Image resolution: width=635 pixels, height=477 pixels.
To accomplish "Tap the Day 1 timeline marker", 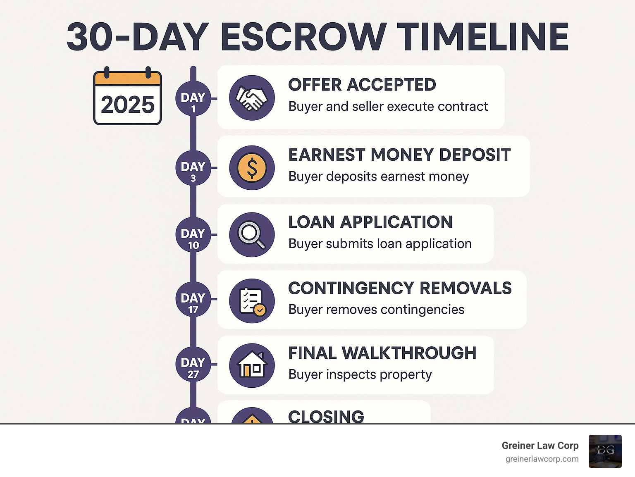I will (x=193, y=99).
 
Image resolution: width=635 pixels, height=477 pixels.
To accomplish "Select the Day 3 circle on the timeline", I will (x=193, y=168).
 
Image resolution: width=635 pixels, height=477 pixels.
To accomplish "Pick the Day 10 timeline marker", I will (x=193, y=235).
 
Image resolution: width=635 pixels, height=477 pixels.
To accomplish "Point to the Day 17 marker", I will (x=193, y=299).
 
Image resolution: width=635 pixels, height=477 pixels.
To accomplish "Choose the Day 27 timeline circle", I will (x=193, y=364).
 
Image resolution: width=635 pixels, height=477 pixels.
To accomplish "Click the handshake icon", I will (x=252, y=98).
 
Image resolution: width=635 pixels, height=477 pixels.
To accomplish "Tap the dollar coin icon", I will (x=252, y=168).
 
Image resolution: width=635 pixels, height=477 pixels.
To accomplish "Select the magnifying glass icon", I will (x=252, y=234).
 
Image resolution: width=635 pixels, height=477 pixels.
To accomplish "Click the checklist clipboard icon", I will (x=252, y=301).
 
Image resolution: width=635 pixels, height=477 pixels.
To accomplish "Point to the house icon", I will (x=252, y=365).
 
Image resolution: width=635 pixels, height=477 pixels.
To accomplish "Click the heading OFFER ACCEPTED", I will (x=362, y=85).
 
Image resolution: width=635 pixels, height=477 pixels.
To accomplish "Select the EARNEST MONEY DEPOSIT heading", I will (x=399, y=155).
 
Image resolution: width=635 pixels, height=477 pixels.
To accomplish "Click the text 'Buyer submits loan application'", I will (x=380, y=243).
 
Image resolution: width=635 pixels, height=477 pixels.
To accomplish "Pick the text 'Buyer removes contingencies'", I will (x=376, y=309).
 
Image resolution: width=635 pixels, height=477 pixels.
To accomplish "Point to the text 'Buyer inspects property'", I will (x=360, y=374).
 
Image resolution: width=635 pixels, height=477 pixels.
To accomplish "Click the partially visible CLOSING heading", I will (x=326, y=416).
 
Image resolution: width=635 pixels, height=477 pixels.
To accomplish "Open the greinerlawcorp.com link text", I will (x=542, y=459).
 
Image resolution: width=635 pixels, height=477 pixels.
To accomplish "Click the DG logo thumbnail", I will (x=605, y=451).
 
